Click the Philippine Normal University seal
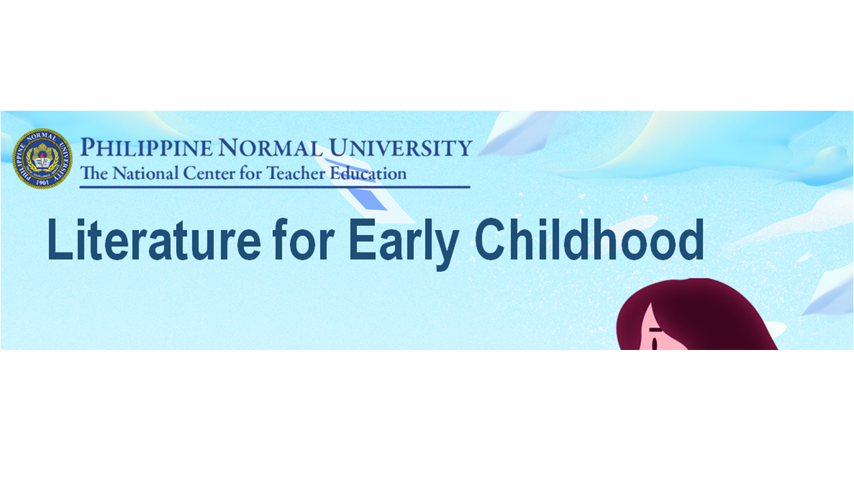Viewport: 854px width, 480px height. tap(42, 159)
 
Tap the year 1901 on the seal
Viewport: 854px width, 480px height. tap(42, 181)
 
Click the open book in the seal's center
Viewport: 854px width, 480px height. tap(42, 160)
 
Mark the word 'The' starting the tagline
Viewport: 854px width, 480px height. tap(93, 174)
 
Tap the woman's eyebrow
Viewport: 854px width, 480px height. tap(655, 331)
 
